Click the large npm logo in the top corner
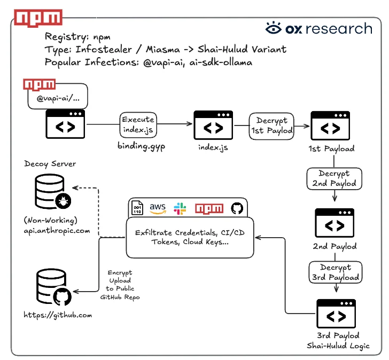click(38, 18)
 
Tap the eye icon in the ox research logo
click(274, 28)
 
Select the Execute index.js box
click(138, 124)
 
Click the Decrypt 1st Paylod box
click(271, 126)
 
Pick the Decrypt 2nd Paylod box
click(334, 179)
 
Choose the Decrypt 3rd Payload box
click(336, 272)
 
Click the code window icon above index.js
click(213, 125)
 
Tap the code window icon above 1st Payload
click(330, 126)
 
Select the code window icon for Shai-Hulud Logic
click(336, 314)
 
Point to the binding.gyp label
click(141, 146)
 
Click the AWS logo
click(158, 208)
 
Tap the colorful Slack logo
click(180, 208)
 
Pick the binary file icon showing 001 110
click(137, 208)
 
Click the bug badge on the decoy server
click(63, 201)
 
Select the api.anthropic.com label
click(57, 231)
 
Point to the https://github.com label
click(58, 315)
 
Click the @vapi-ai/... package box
click(58, 97)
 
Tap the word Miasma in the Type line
click(163, 49)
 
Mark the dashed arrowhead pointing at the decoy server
click(75, 187)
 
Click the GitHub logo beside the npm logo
click(237, 208)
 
